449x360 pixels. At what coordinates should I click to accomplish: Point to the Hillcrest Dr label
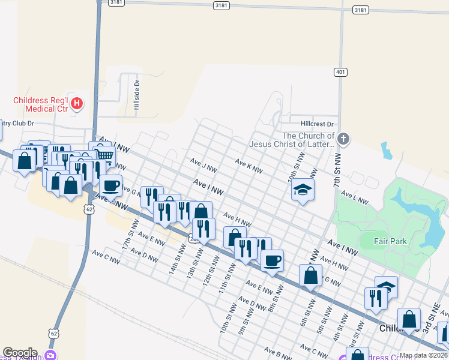point(317,124)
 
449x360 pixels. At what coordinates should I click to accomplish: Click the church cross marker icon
point(343,139)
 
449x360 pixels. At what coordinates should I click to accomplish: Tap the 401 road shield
point(340,73)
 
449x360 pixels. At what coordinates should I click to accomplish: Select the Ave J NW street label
point(202,164)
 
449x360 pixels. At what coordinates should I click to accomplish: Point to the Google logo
point(19,353)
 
